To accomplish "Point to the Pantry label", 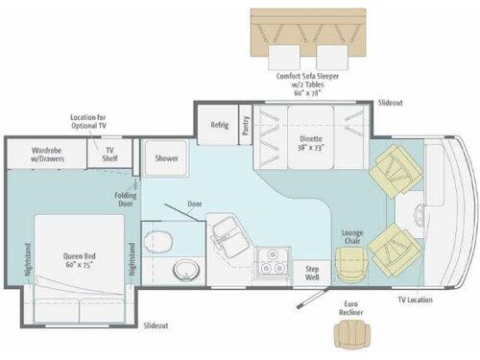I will [246, 129].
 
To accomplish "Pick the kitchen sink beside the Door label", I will [228, 230].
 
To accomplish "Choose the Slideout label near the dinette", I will [390, 102].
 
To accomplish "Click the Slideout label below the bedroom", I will [157, 326].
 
